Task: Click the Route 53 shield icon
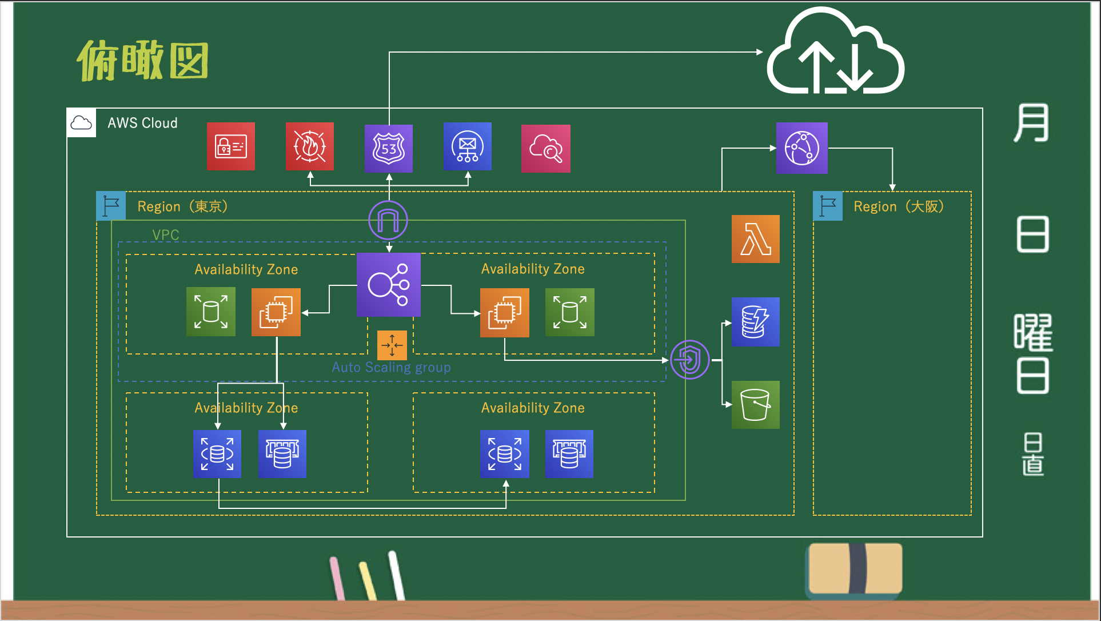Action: (x=389, y=148)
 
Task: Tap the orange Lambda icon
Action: (x=755, y=239)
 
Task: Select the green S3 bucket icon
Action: (x=755, y=405)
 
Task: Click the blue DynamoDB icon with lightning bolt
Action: (x=755, y=321)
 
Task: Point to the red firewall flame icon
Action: (x=310, y=146)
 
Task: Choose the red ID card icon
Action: (x=230, y=146)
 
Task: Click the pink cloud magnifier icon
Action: (x=545, y=149)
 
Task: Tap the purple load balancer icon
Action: (x=389, y=285)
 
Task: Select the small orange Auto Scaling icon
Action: (x=392, y=345)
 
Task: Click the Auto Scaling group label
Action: (x=392, y=367)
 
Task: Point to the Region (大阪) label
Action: (x=898, y=206)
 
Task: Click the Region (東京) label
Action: (x=183, y=206)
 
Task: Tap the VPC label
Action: (x=166, y=234)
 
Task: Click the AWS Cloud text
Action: (x=142, y=123)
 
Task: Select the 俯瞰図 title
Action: (x=143, y=61)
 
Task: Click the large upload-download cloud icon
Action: (x=835, y=54)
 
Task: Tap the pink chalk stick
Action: (x=337, y=578)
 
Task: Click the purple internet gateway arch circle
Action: (x=388, y=220)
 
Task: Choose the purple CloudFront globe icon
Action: (x=801, y=148)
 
